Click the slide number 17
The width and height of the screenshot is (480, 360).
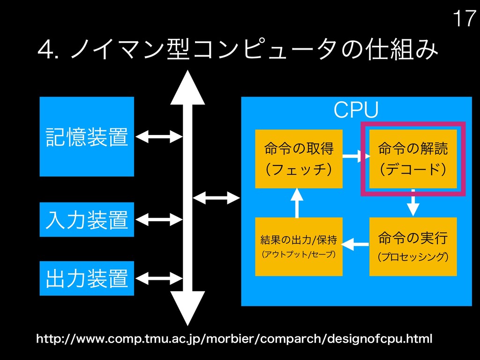point(464,19)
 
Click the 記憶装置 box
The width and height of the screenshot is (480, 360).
point(87,136)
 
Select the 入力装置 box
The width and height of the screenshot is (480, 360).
point(87,219)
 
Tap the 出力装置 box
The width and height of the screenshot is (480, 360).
point(87,278)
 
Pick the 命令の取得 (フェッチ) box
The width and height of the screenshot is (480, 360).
point(299,158)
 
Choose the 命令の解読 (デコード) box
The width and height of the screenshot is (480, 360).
point(412,158)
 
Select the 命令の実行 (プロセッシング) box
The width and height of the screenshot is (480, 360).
point(412,247)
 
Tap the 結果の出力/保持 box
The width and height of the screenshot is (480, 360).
point(299,247)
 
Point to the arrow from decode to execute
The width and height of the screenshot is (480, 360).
point(412,202)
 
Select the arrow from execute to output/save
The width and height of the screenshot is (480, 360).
point(355,243)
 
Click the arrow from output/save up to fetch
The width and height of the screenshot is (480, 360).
point(297,202)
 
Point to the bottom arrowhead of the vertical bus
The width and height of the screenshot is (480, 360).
point(187,307)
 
